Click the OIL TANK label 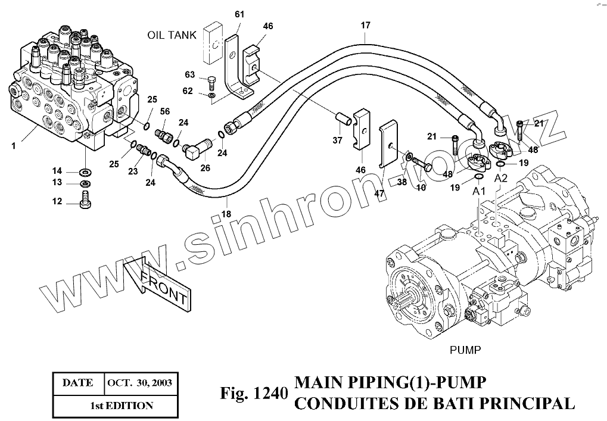(172, 36)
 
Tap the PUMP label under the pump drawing (465, 350)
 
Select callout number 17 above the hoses (365, 25)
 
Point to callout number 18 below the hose (225, 214)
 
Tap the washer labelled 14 (85, 172)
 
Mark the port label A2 (500, 178)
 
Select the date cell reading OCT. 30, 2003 (139, 383)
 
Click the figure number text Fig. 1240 (254, 394)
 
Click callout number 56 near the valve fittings (165, 111)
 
